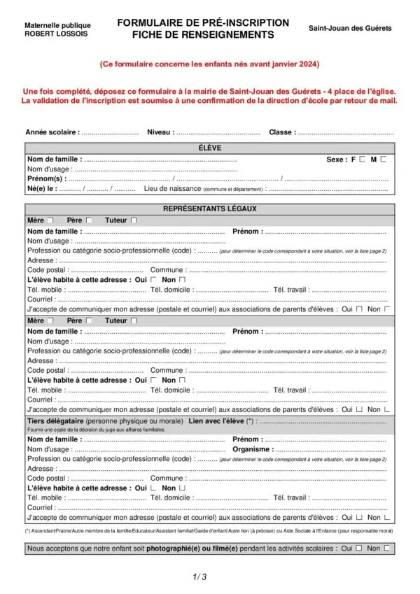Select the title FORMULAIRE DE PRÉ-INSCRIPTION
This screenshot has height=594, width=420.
(x=203, y=22)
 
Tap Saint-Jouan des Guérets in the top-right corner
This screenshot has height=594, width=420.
(x=350, y=29)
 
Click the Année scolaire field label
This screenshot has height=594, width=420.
(x=52, y=132)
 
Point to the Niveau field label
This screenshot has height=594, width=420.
(x=160, y=132)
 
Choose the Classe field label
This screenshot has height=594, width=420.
(x=282, y=132)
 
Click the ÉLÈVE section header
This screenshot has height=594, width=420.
(x=210, y=148)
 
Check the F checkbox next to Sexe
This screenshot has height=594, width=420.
(x=362, y=160)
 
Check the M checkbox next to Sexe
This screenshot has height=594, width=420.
(x=383, y=160)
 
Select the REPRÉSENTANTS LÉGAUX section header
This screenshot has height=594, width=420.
(x=210, y=208)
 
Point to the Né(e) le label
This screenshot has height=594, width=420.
(x=41, y=189)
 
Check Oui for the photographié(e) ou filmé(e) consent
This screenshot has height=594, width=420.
(x=358, y=549)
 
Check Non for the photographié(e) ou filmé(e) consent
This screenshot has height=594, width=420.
(x=386, y=549)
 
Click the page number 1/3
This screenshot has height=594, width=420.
(x=199, y=577)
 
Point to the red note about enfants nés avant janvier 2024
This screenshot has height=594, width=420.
(x=209, y=64)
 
